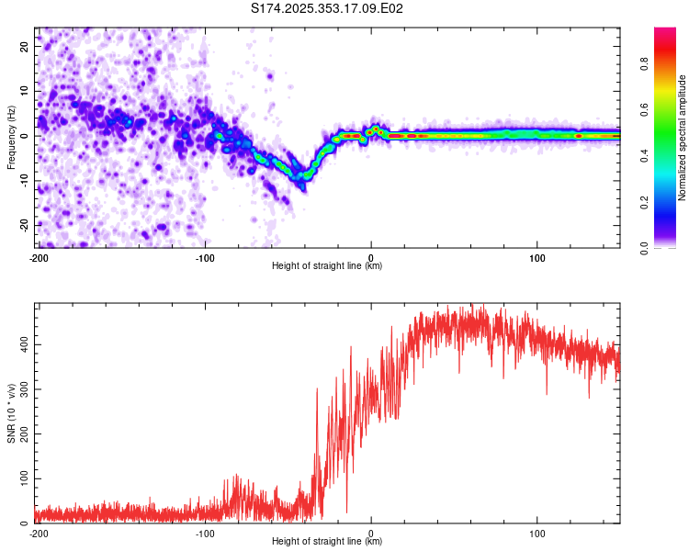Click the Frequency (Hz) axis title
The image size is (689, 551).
pos(11,136)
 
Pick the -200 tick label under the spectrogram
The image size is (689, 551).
pos(39,256)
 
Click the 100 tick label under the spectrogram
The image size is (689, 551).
pos(537,256)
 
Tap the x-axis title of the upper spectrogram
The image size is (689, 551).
pos(327,266)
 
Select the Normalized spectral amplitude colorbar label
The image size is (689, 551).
pos(683,138)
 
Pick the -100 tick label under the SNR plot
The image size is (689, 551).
pos(205,532)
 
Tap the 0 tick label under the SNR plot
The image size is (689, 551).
pos(371,532)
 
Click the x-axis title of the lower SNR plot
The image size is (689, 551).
pos(327,542)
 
